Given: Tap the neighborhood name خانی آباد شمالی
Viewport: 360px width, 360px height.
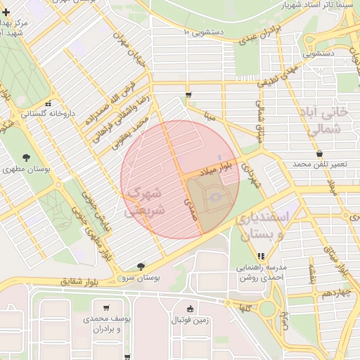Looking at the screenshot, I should [328, 120].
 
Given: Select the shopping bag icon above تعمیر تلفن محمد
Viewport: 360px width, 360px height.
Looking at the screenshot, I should [320, 153].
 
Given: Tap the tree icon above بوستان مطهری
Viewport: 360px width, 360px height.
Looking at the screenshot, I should [27, 157].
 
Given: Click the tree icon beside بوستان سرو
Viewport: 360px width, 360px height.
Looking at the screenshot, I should [141, 266].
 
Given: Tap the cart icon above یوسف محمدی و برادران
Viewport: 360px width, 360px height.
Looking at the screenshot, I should [105, 307].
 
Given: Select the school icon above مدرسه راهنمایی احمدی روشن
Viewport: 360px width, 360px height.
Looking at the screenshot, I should [262, 256].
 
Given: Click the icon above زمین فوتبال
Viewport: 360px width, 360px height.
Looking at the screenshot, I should [190, 308].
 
